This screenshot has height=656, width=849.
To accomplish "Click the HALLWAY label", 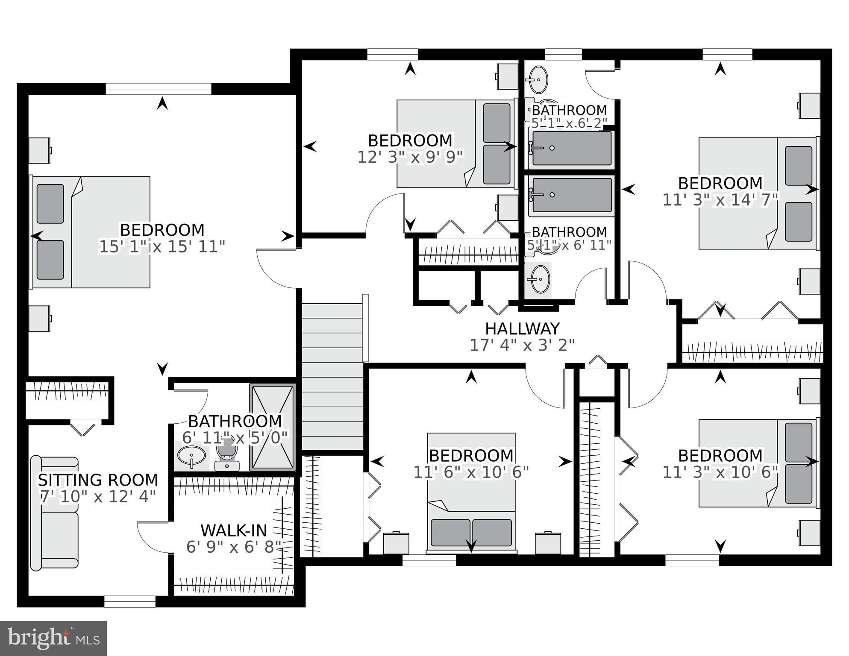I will (x=522, y=328).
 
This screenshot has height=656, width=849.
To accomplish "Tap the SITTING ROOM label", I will (x=98, y=480).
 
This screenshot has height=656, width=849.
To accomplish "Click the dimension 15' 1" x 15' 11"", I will (x=162, y=247).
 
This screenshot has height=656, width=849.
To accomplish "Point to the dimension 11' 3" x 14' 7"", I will (x=720, y=200).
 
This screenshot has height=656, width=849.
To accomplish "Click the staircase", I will (x=332, y=376).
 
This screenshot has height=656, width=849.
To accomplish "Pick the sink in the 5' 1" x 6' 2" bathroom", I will (x=538, y=79).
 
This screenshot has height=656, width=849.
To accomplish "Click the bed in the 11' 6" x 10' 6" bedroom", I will (x=471, y=493).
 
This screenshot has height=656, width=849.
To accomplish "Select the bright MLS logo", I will (x=53, y=638).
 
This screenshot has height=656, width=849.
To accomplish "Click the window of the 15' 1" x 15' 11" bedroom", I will (x=158, y=89).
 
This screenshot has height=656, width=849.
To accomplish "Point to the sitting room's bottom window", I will (x=130, y=602).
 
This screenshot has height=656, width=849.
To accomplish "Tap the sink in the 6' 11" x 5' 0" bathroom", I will (x=191, y=456).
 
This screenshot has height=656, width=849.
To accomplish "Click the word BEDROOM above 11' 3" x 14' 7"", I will (x=720, y=183).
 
